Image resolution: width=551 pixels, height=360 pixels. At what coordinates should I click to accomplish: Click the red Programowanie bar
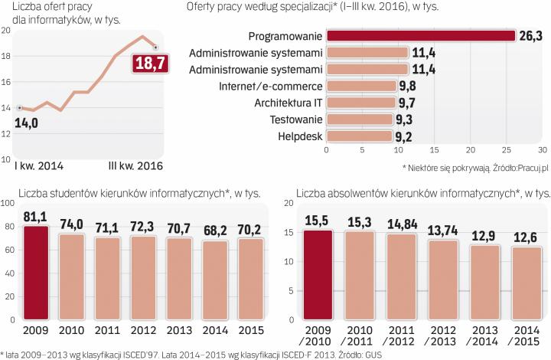click(x=420, y=35)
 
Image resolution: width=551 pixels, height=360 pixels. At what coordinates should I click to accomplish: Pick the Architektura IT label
click(x=286, y=103)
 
